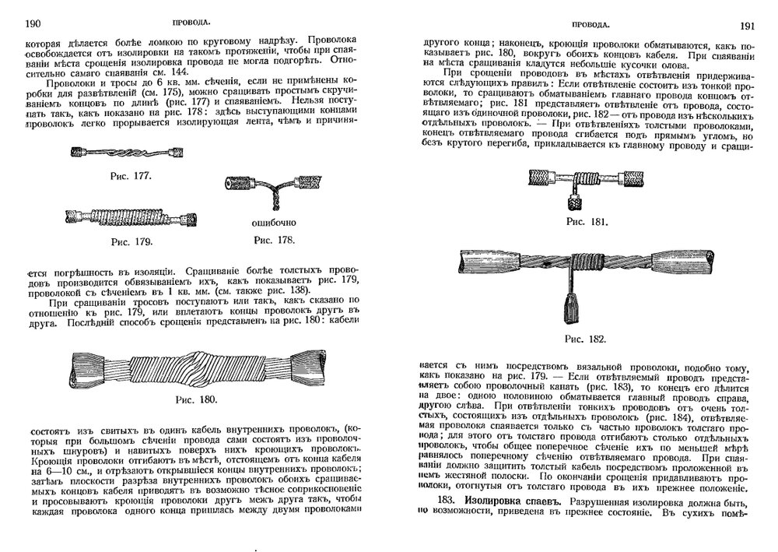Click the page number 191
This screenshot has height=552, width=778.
pyautogui.click(x=748, y=25)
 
